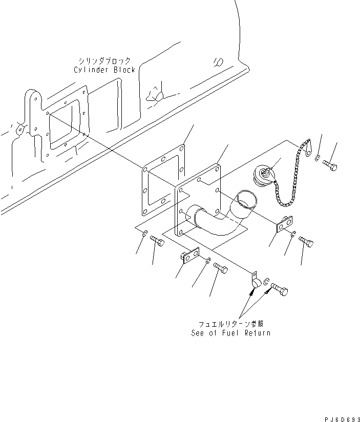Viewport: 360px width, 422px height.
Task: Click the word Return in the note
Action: (255, 333)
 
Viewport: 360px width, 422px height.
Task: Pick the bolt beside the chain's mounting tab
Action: (329, 165)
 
